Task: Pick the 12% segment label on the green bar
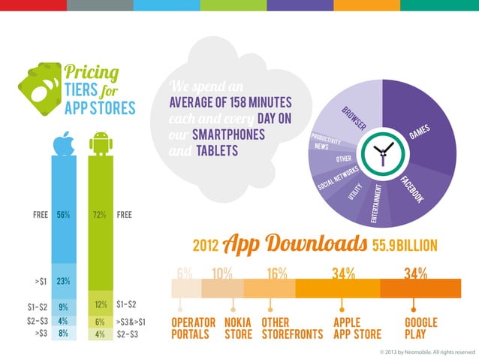99,306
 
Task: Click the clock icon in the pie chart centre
382,153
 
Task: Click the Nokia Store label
238,328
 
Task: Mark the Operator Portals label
194,328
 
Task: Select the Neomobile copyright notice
428,352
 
